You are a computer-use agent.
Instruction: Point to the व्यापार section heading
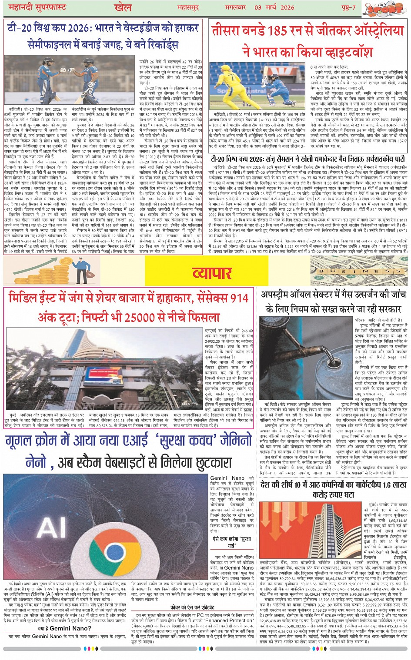click(212, 273)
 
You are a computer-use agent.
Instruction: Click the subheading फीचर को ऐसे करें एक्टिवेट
click(192, 607)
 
